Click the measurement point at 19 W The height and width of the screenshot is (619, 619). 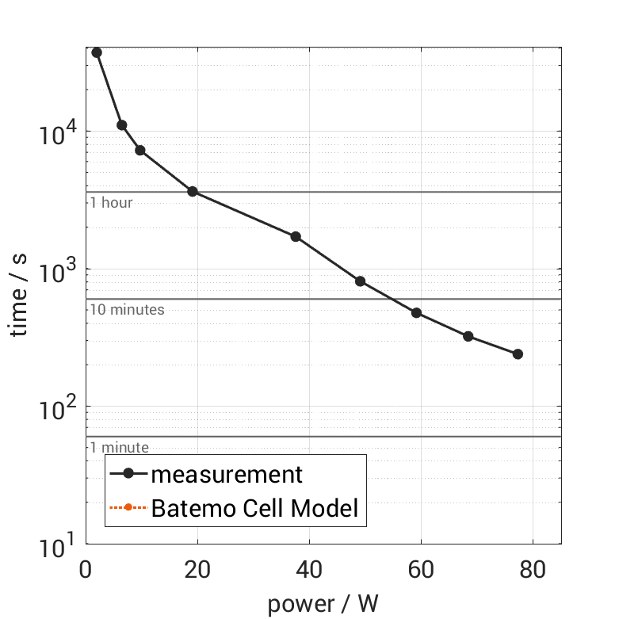coord(192,192)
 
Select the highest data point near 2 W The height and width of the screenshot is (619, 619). coord(97,52)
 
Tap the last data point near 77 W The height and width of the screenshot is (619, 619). coord(518,354)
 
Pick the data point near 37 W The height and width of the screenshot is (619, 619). coord(296,237)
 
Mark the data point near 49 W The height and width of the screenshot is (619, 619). coord(360,281)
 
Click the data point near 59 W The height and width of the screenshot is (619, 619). coord(416,313)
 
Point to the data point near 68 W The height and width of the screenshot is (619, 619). coord(468,337)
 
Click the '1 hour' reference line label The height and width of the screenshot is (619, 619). coord(111,203)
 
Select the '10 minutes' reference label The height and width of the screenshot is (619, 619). coord(127,310)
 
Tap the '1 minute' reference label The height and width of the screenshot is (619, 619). coord(119,448)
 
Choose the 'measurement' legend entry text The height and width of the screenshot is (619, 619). coord(227,474)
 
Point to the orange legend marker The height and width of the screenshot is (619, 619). coord(128,507)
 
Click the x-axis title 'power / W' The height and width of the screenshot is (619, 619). coord(323,604)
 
